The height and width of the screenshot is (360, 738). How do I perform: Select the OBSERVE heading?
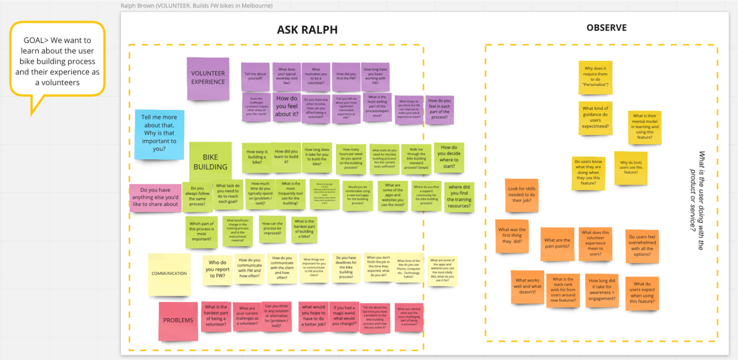click(x=606, y=28)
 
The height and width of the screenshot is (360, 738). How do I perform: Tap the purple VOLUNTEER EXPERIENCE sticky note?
click(x=208, y=78)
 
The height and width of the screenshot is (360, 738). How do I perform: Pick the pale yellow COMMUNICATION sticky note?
click(x=169, y=274)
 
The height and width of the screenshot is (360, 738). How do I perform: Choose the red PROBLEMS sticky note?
click(x=178, y=320)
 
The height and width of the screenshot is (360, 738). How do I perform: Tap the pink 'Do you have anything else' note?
click(x=155, y=197)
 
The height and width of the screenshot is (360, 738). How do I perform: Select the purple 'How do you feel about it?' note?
click(x=286, y=106)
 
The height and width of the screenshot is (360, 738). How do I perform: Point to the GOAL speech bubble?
click(x=57, y=61)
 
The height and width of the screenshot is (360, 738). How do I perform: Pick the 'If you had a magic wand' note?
click(x=344, y=316)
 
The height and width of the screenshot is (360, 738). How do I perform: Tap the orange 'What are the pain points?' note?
click(x=557, y=243)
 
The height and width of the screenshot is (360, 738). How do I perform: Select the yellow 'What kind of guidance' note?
click(x=595, y=117)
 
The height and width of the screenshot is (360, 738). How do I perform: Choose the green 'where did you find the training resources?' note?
click(x=459, y=196)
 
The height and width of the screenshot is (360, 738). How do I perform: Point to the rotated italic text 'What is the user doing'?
click(x=697, y=201)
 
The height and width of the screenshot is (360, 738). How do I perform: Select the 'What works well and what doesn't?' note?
click(x=527, y=286)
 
